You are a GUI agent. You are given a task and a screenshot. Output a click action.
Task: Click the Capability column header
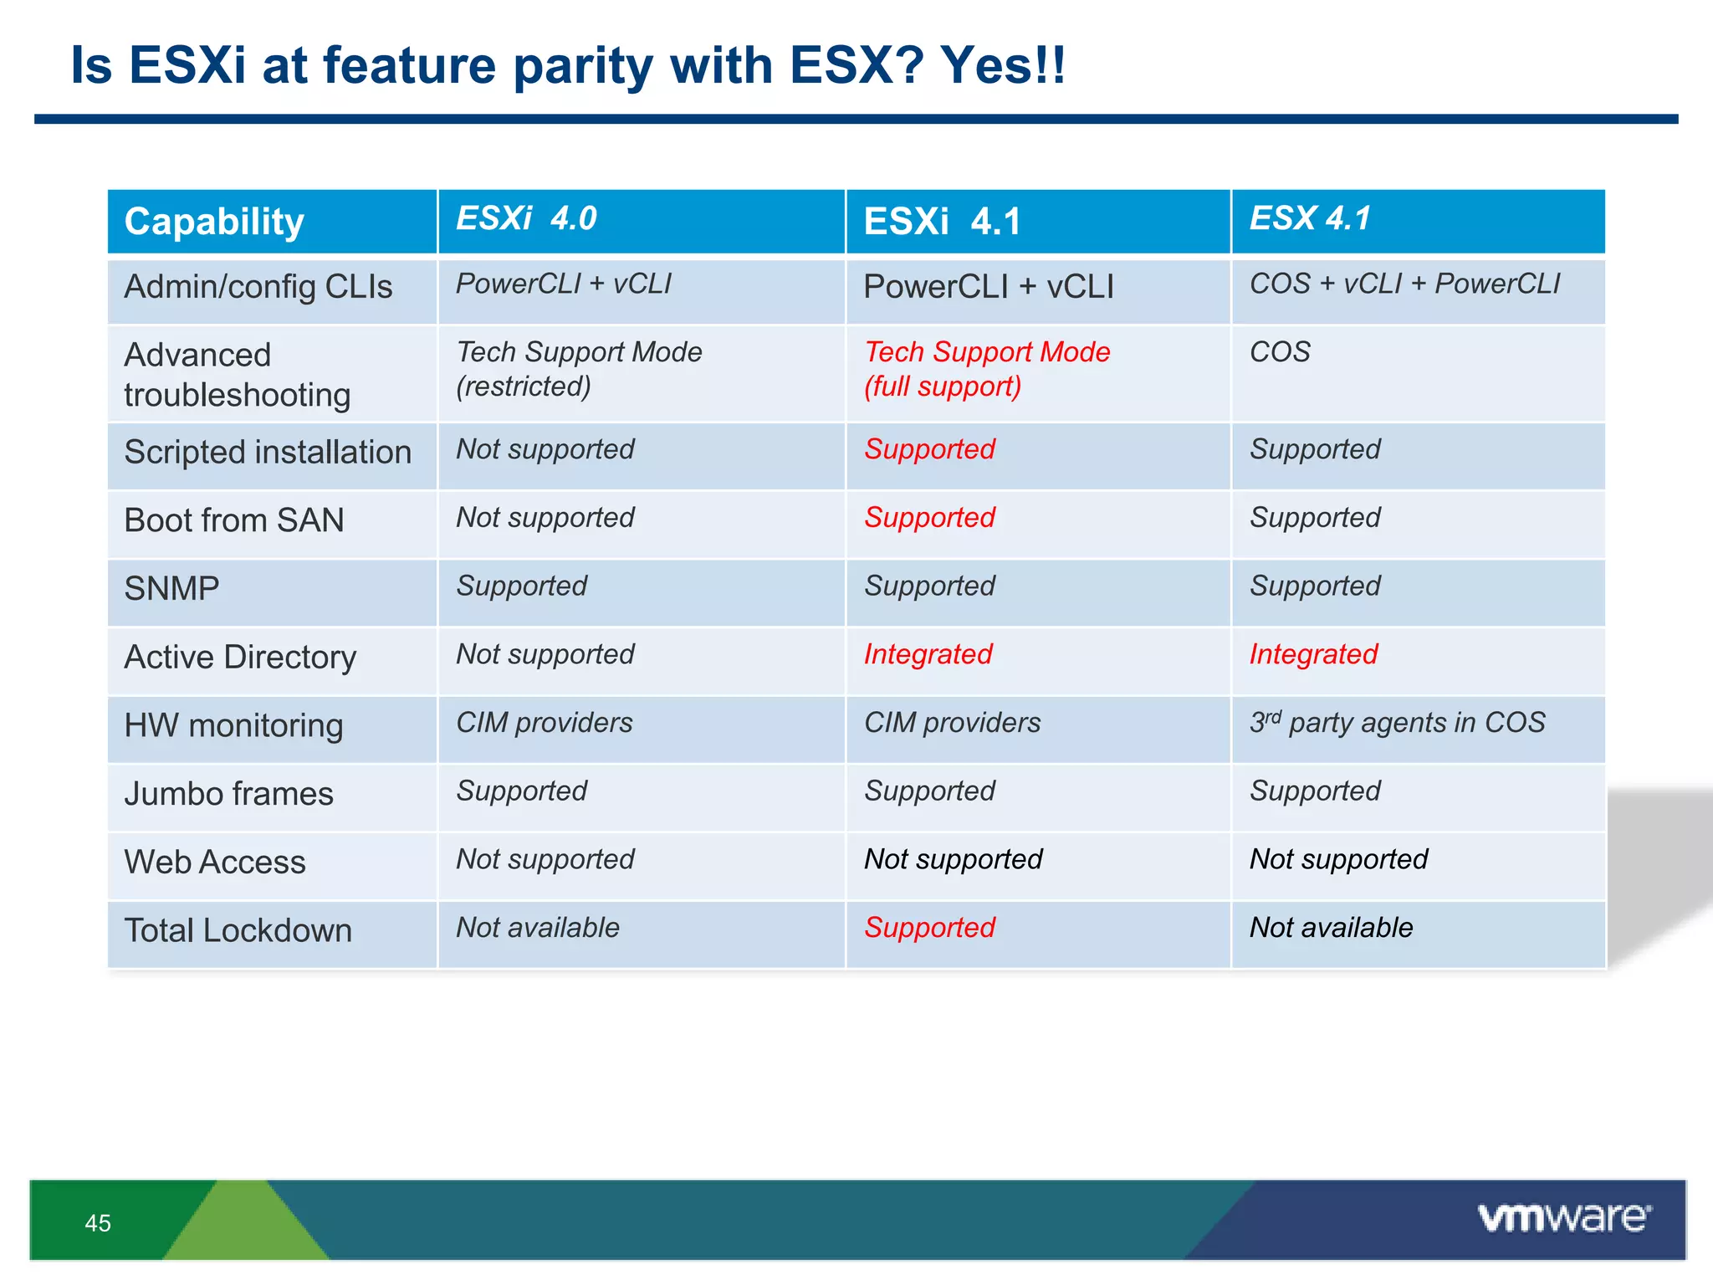(x=214, y=222)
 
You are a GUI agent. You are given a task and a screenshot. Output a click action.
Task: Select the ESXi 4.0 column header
(x=526, y=218)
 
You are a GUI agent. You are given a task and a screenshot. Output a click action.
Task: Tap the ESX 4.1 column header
(x=1310, y=218)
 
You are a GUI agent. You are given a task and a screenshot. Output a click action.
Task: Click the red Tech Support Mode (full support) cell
(x=987, y=369)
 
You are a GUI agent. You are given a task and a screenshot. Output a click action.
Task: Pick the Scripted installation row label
(x=268, y=453)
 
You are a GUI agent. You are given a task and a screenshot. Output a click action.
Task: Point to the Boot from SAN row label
(x=234, y=520)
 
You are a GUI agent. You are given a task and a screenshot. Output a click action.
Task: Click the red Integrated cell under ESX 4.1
(x=1313, y=654)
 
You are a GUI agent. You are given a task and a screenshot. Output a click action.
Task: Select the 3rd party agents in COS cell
(x=1397, y=723)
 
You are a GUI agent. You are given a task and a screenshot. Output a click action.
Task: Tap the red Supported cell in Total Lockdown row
(x=929, y=928)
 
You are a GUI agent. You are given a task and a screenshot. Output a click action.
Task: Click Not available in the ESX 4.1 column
(x=1331, y=928)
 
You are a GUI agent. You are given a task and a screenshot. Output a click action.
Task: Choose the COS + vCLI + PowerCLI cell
(x=1404, y=284)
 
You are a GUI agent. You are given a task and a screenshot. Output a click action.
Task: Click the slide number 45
(x=98, y=1223)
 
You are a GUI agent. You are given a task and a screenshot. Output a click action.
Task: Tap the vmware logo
(x=1564, y=1218)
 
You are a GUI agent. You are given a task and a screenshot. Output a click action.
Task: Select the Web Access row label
(x=215, y=863)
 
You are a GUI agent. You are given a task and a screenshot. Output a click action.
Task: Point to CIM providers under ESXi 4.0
(x=545, y=723)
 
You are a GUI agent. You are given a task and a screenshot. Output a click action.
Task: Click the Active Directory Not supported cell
(x=545, y=654)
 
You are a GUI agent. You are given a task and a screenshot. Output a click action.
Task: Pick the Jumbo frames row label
(x=228, y=794)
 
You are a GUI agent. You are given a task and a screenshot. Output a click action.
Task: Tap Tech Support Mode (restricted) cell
(x=579, y=369)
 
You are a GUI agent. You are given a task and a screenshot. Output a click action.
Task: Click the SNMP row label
(x=171, y=589)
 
